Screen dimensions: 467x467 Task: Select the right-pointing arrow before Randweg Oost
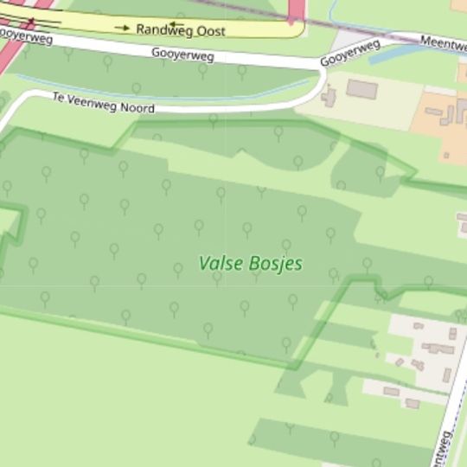tap(122, 28)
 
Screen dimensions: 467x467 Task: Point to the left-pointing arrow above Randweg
tap(176, 24)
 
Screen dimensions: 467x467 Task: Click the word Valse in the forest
tap(221, 263)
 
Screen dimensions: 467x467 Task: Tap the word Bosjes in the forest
tap(275, 263)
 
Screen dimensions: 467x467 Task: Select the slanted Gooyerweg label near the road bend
tap(349, 52)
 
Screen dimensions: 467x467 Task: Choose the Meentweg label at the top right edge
tap(443, 43)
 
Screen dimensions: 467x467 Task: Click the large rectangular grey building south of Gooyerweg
tap(361, 89)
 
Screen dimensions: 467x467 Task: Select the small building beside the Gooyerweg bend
tap(329, 96)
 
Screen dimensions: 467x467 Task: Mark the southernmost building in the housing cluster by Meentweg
tap(413, 403)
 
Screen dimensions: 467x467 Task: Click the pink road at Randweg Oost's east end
tap(295, 10)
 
